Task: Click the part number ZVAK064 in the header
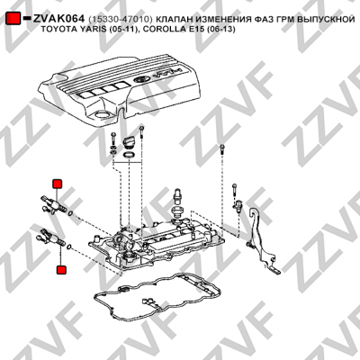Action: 58,19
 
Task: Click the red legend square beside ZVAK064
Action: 13,19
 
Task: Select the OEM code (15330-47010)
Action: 121,20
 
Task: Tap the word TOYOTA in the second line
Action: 54,30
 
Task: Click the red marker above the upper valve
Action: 57,184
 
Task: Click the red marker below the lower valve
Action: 61,269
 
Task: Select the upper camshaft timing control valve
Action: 53,204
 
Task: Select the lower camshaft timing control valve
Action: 51,237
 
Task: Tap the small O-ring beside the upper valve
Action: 70,213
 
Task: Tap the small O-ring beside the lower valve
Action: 69,247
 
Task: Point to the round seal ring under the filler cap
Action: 130,156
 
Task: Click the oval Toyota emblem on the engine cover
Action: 140,80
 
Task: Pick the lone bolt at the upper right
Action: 221,149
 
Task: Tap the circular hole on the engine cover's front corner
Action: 102,115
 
